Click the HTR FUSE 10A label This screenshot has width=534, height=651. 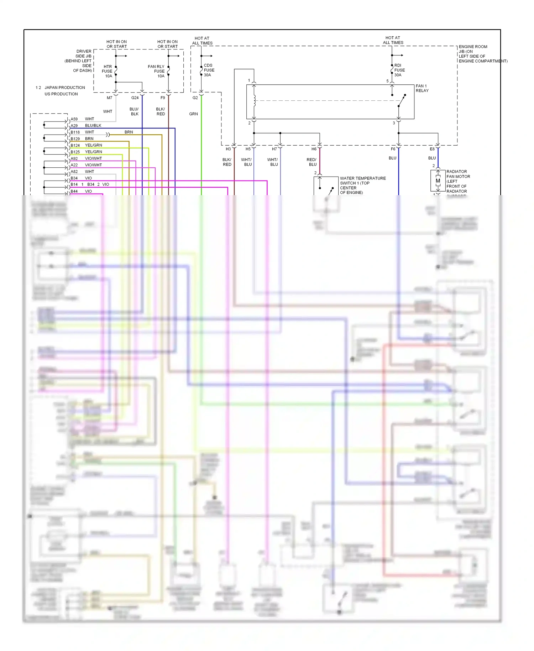(x=107, y=71)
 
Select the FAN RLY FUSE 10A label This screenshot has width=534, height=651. (x=157, y=71)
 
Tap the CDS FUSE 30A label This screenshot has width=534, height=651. (x=209, y=70)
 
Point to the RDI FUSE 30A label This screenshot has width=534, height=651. (x=399, y=70)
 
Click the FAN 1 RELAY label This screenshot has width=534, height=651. (x=422, y=88)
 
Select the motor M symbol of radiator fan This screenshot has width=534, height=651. (x=438, y=181)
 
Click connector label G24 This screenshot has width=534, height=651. (x=135, y=98)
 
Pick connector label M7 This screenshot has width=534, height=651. (x=109, y=98)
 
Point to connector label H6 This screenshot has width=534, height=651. (x=314, y=149)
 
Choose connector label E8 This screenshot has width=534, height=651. (x=432, y=149)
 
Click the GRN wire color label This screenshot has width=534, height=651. (x=193, y=114)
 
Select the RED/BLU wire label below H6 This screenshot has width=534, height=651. (x=311, y=162)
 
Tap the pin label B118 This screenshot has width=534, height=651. (x=75, y=132)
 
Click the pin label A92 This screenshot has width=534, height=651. (x=74, y=158)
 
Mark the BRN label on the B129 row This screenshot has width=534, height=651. (x=89, y=139)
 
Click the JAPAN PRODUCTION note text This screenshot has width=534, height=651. (x=64, y=88)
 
